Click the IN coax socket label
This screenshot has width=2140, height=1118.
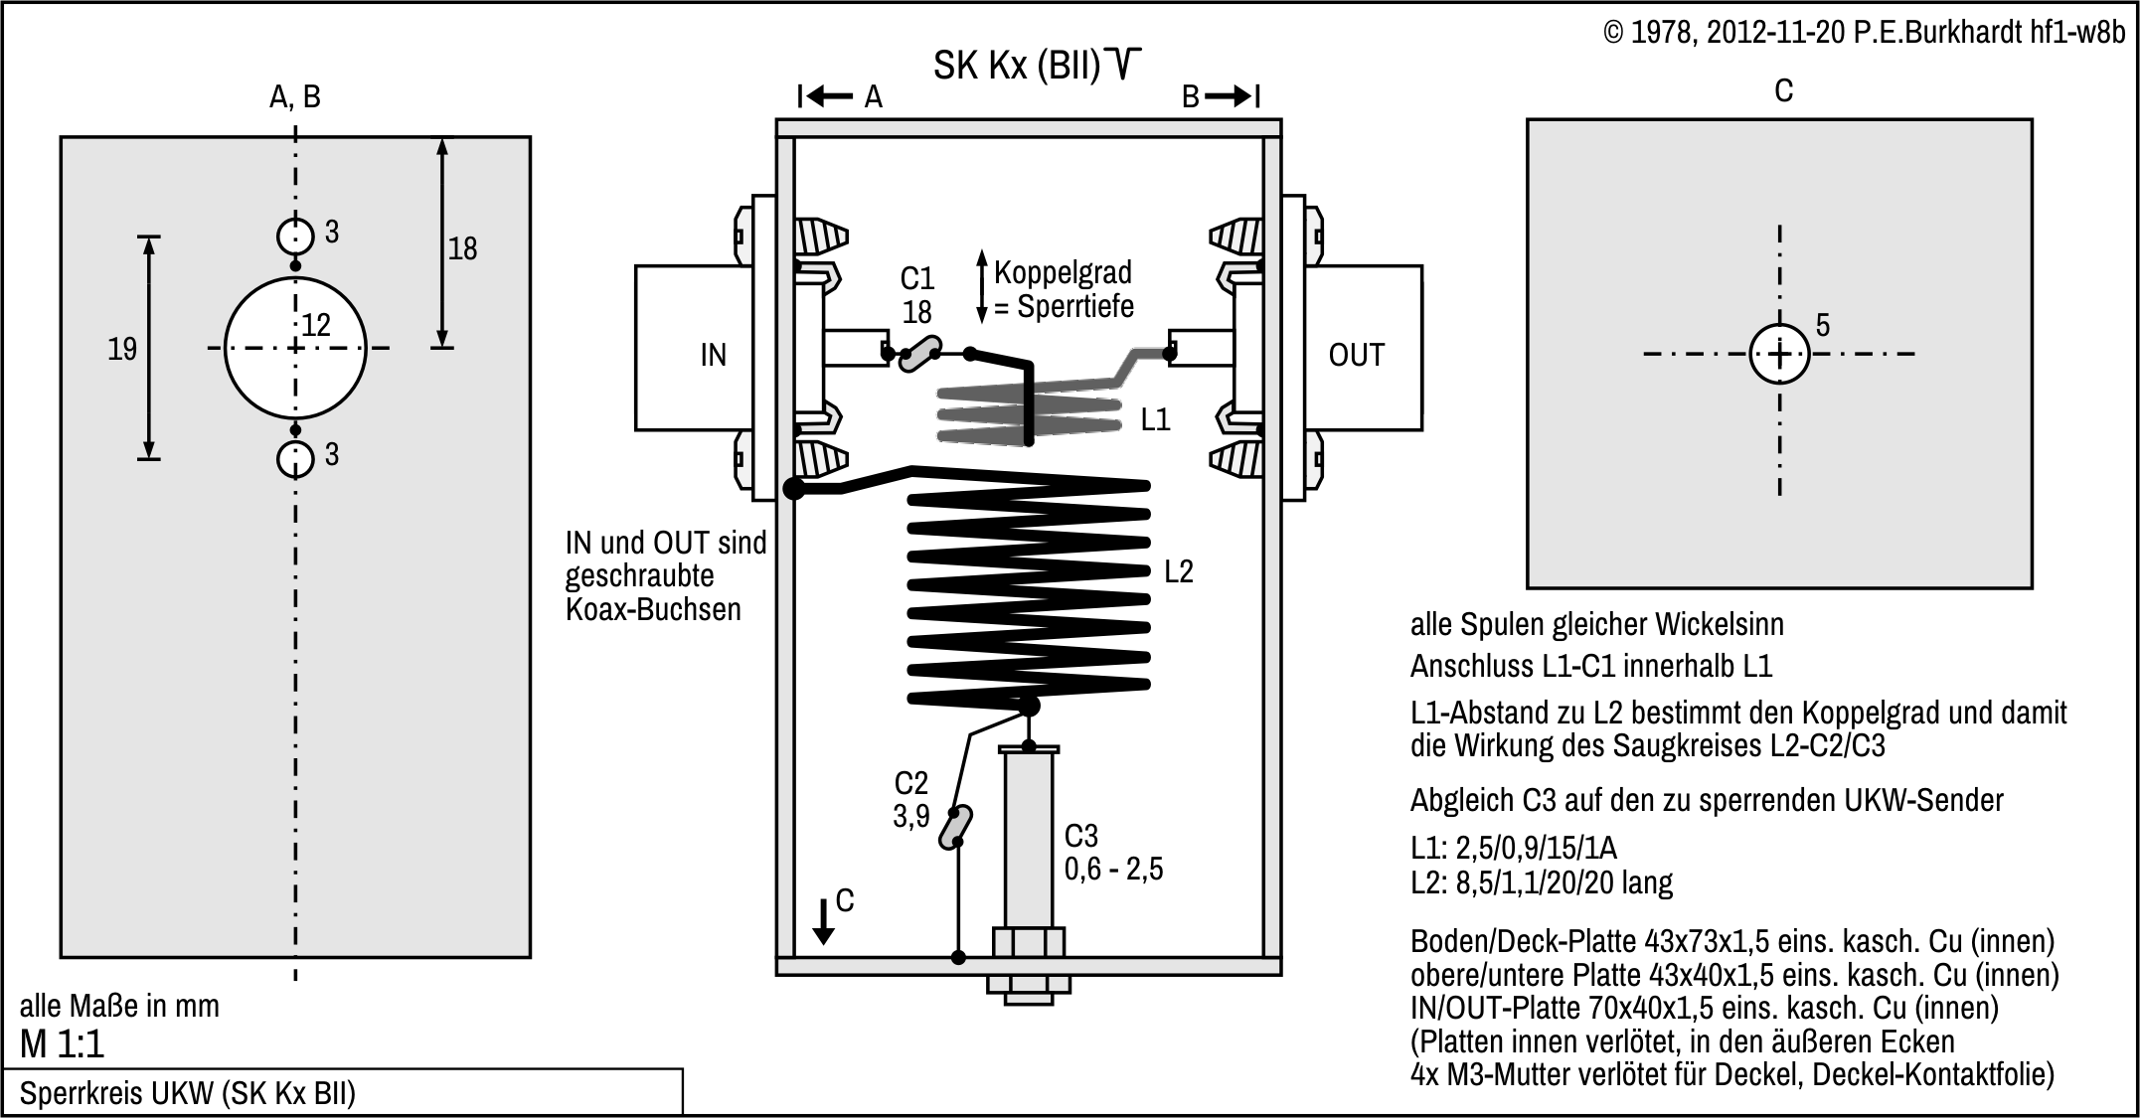click(x=713, y=355)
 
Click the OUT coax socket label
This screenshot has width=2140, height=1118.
click(x=1355, y=355)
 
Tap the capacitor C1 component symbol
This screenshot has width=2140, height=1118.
click(x=919, y=353)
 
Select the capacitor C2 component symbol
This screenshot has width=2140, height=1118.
click(x=955, y=827)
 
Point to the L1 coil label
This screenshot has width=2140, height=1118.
click(x=1155, y=419)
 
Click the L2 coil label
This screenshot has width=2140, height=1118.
click(x=1178, y=571)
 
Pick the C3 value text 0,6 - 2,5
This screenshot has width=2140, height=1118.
click(x=1113, y=869)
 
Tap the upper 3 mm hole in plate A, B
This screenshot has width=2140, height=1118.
click(x=295, y=237)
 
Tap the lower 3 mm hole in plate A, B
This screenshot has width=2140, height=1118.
click(x=295, y=459)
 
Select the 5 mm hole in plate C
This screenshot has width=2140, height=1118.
click(x=1779, y=354)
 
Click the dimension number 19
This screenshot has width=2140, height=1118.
click(x=122, y=349)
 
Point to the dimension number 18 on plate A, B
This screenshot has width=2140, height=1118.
click(x=462, y=248)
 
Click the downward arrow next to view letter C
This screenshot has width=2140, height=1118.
click(x=823, y=921)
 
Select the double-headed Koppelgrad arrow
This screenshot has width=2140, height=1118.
click(x=982, y=286)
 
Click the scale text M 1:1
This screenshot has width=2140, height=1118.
click(x=62, y=1044)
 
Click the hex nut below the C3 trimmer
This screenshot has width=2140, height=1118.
click(x=1029, y=984)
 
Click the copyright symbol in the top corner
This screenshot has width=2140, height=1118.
click(x=1613, y=33)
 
